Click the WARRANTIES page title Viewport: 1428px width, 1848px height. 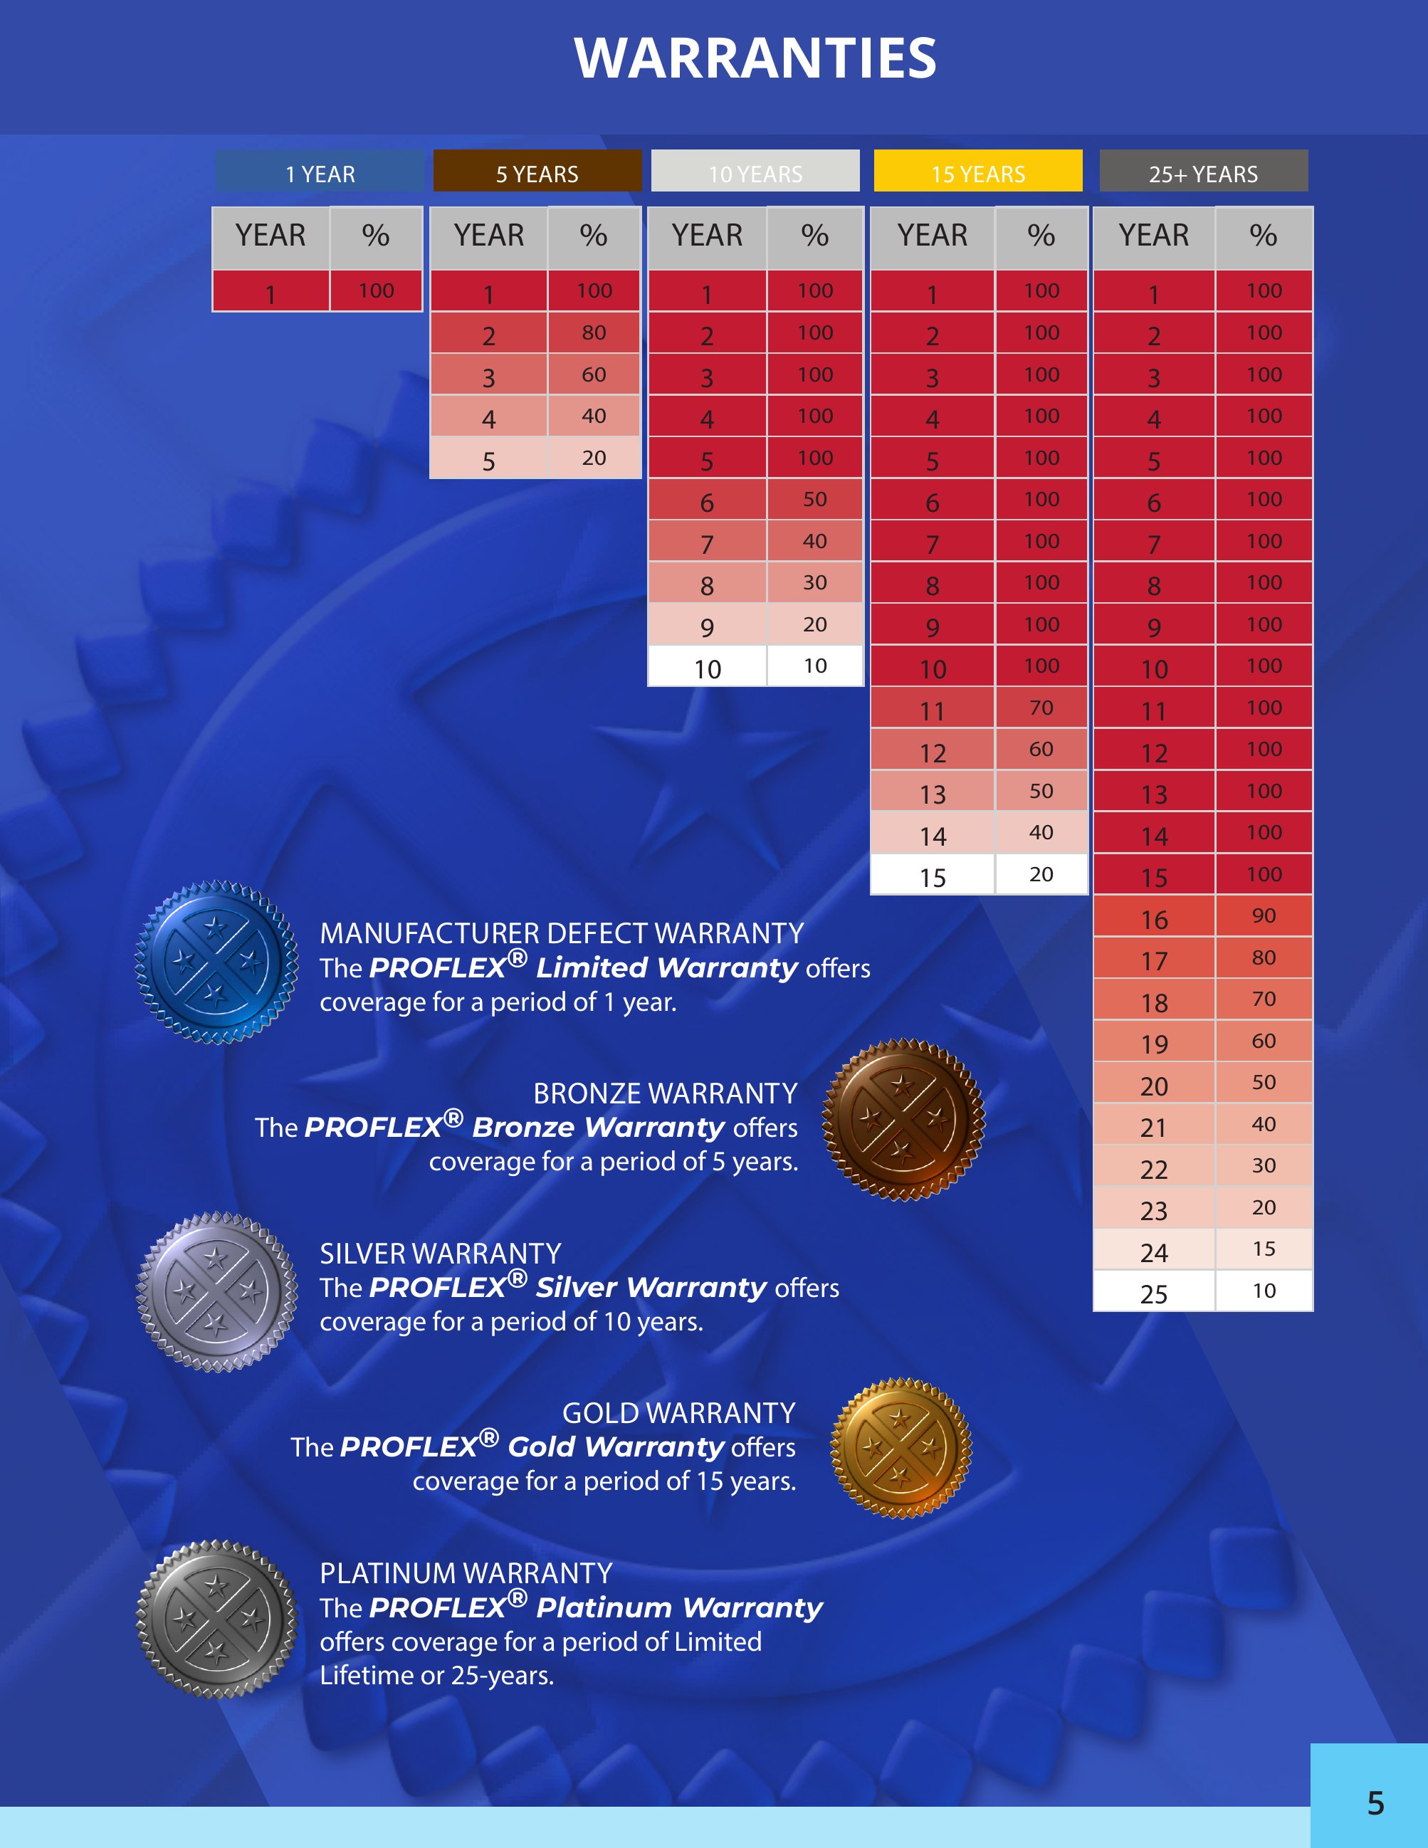coord(755,58)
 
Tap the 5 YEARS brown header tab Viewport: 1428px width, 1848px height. coord(537,172)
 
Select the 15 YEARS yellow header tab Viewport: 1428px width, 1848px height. coord(978,172)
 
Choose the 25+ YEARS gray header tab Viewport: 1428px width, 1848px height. coord(1203,172)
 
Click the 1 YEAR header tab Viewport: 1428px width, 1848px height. coord(320,172)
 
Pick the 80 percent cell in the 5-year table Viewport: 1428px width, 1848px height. coord(594,332)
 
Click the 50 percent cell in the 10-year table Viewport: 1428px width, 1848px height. coord(814,499)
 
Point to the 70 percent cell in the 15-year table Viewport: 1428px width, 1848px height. coord(1041,708)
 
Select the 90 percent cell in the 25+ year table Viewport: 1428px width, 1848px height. coord(1264,915)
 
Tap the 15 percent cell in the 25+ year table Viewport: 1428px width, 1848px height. coord(1264,1249)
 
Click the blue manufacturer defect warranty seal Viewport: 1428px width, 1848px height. coord(216,963)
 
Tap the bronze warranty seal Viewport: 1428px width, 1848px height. coord(903,1120)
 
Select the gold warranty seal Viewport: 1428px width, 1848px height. coord(902,1448)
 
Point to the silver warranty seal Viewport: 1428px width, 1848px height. coord(216,1292)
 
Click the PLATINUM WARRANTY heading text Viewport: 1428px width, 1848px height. coord(466,1573)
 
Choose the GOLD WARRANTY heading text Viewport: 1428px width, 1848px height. coord(678,1413)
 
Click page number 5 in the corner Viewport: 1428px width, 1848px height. coord(1375,1803)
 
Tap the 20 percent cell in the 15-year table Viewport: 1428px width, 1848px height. coord(1041,874)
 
